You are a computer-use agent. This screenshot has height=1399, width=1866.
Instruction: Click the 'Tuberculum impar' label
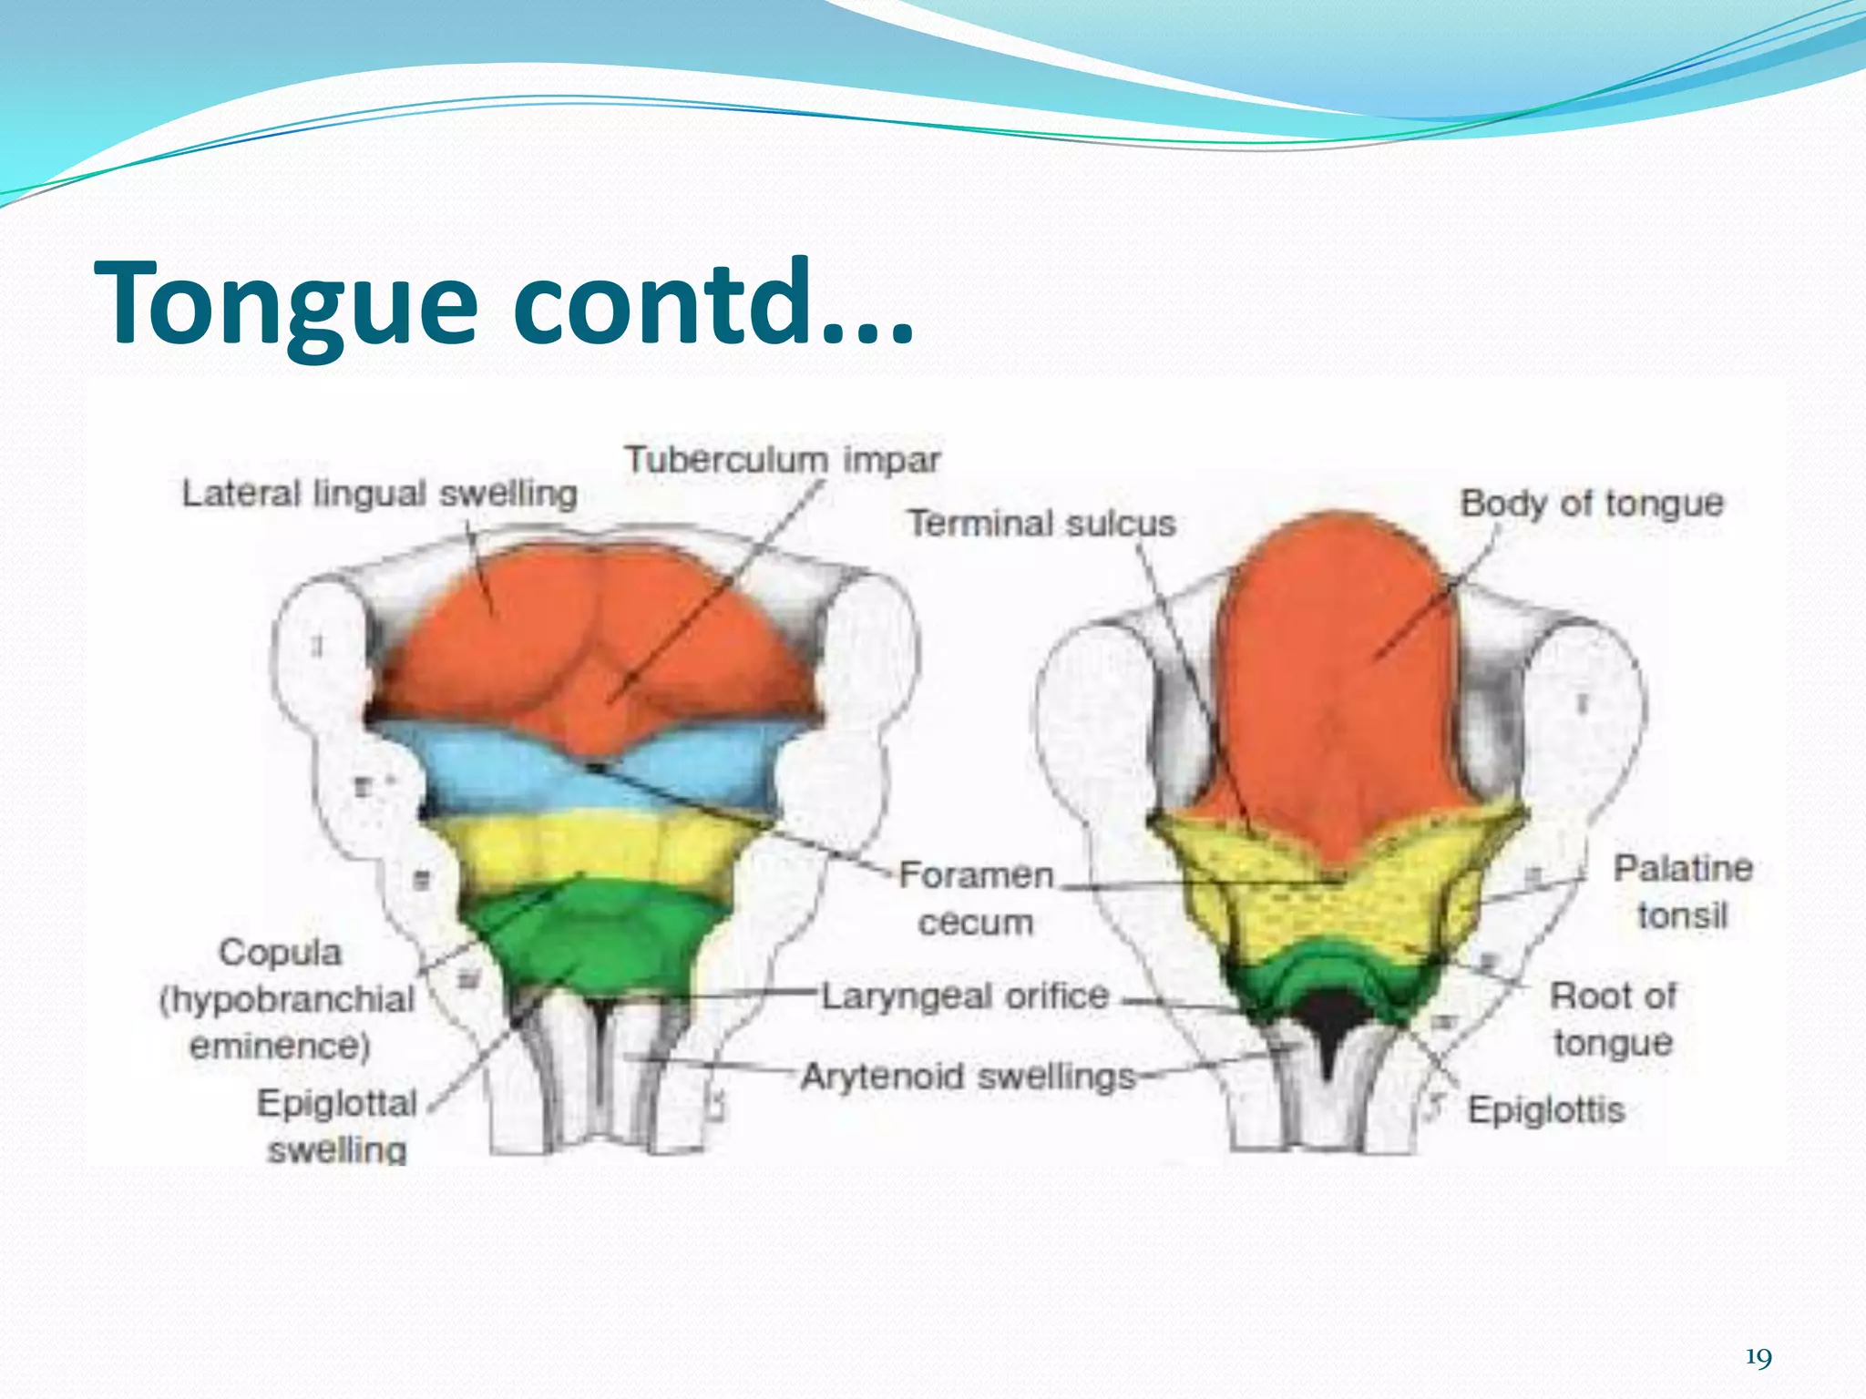782,459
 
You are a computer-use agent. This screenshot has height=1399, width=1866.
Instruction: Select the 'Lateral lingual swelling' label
379,494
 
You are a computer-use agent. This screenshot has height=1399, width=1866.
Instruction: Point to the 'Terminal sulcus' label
1041,524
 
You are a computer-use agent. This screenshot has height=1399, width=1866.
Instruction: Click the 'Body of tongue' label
1592,503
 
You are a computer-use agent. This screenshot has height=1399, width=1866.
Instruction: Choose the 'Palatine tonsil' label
1683,892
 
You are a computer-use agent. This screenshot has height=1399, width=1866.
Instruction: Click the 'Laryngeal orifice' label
966,996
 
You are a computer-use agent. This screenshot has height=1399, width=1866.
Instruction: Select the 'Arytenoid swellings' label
969,1077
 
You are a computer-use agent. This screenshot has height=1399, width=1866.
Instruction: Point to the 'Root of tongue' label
1613,1019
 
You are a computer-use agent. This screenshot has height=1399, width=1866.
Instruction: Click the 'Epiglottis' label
1546,1110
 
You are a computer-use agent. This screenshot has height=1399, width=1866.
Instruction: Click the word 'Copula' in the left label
280,953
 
